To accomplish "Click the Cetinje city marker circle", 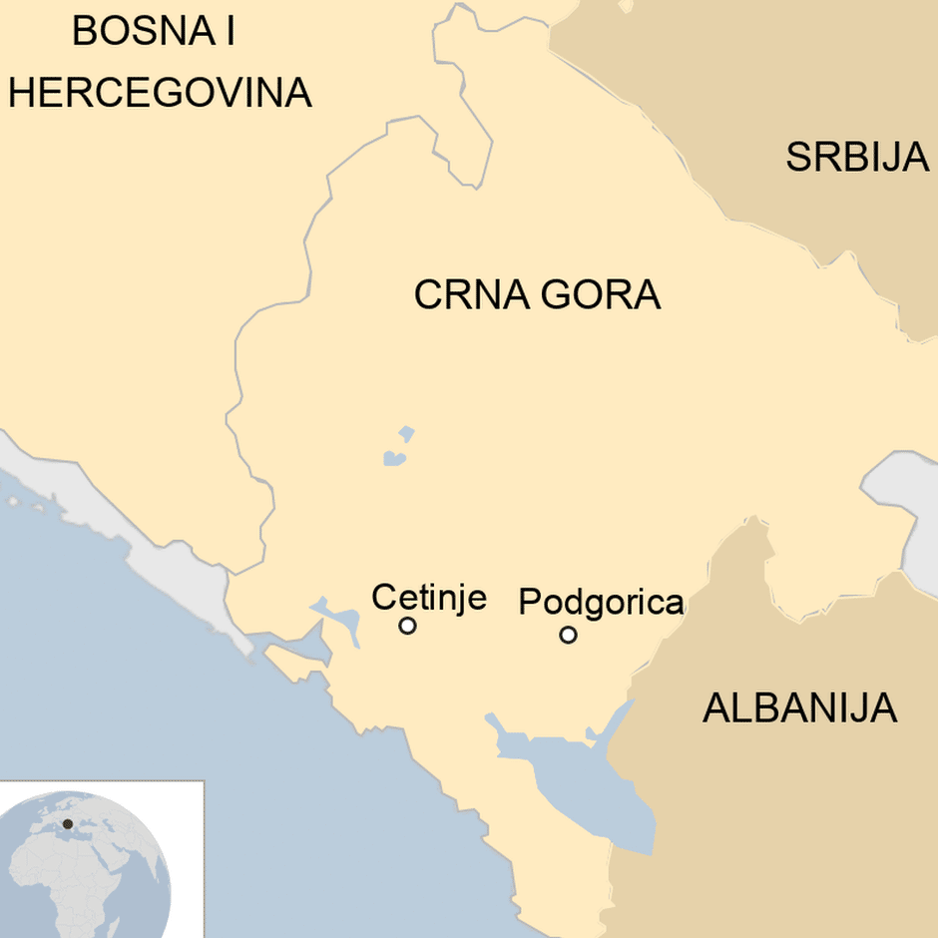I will pos(407,626).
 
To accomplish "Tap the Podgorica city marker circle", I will pos(568,634).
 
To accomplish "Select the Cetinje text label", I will pos(429,597).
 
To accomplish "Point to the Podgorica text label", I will pos(601,603).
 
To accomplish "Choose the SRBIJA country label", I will pos(857,158).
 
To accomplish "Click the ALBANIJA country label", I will pos(799,708).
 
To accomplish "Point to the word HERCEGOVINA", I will pos(160,93).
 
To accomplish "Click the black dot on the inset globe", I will pos(68,824).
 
